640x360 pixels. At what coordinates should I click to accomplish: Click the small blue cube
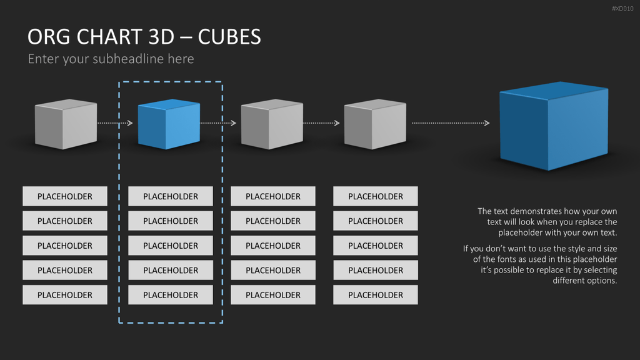[169, 124]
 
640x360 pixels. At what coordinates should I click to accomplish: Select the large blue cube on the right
[554, 126]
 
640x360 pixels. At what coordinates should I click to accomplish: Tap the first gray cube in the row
[66, 124]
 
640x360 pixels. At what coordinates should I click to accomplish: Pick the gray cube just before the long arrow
[375, 124]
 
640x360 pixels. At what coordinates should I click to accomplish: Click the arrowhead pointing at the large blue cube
[486, 123]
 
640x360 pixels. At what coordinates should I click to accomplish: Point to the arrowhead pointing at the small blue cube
[130, 123]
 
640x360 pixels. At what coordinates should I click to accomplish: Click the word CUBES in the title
[229, 37]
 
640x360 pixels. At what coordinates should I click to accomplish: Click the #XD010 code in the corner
[622, 9]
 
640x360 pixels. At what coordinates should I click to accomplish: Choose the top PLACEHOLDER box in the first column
[65, 196]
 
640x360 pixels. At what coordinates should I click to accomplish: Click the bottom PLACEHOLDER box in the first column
[65, 295]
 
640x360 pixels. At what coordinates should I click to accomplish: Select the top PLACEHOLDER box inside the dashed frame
[171, 196]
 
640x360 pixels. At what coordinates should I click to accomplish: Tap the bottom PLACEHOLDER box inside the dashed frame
[171, 295]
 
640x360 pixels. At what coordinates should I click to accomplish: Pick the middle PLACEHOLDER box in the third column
[273, 246]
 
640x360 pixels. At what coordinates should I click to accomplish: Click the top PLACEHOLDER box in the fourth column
[376, 196]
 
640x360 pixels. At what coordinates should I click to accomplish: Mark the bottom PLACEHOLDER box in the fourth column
[376, 295]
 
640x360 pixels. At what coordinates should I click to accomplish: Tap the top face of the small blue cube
[169, 104]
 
